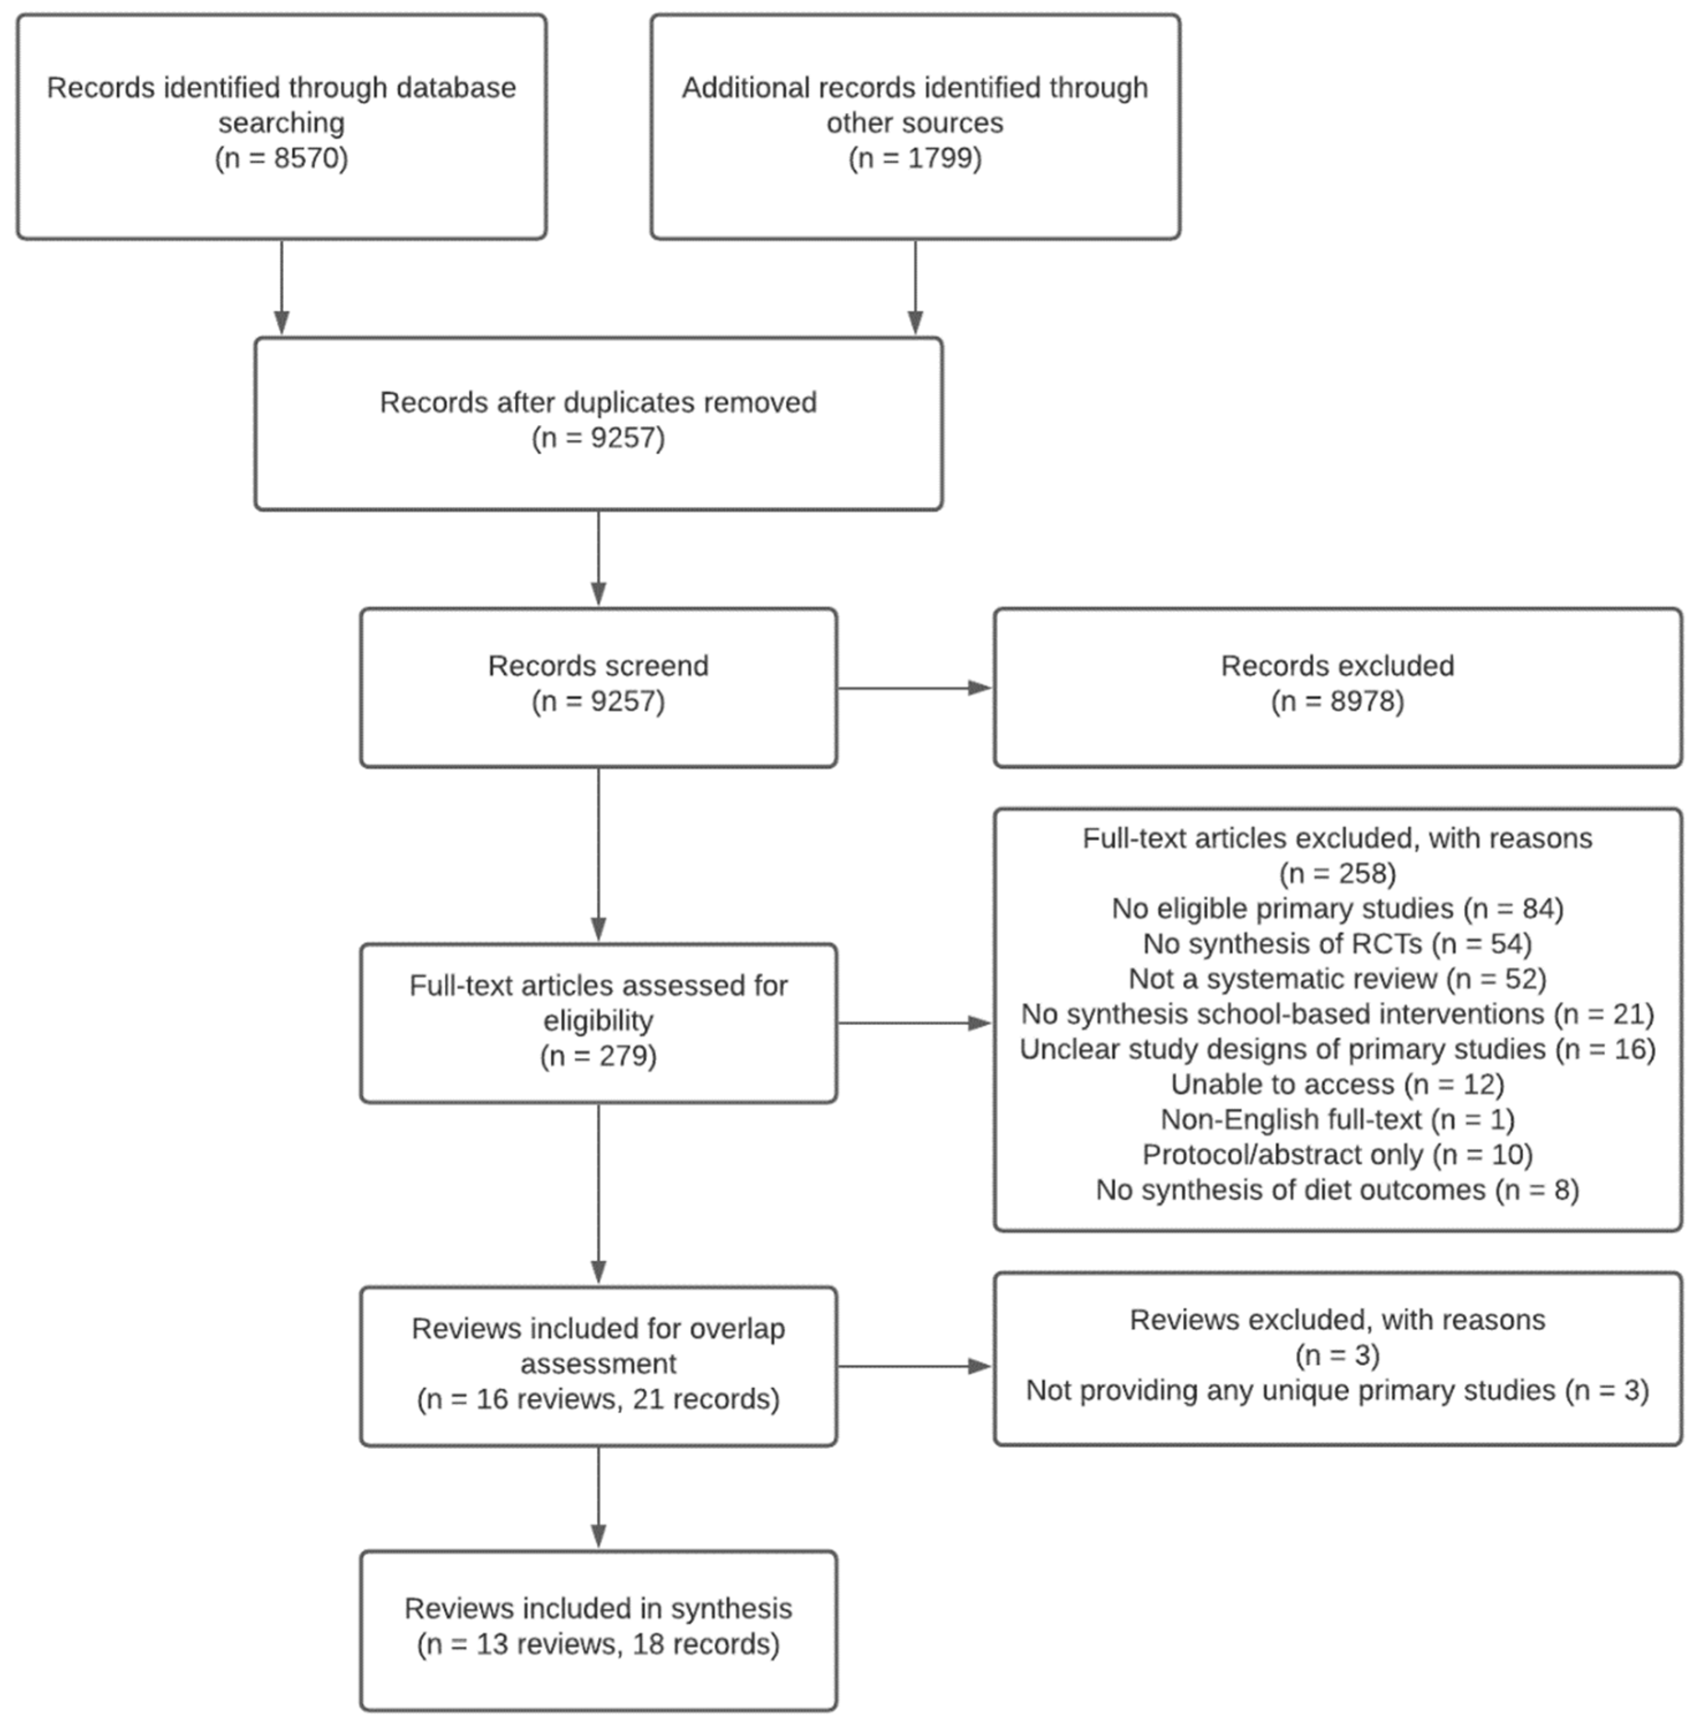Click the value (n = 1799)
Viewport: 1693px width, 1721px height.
914,158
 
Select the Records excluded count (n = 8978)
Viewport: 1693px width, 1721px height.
1337,702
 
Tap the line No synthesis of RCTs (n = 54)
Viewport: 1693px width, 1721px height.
1337,943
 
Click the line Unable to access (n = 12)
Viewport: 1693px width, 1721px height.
1337,1084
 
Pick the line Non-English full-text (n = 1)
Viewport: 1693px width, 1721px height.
1337,1119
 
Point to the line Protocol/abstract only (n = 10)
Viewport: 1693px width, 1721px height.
1337,1154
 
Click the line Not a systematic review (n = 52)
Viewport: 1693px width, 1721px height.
1337,978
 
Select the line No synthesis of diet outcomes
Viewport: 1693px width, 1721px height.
1337,1189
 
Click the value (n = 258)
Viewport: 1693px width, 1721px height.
1337,873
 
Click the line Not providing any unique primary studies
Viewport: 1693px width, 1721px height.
1337,1390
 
